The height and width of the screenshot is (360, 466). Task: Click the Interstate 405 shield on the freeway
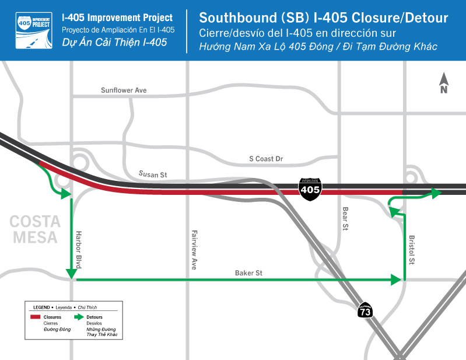tap(310, 189)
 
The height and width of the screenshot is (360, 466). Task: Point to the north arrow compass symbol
tap(443, 83)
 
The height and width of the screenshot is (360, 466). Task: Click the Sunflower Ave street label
tap(124, 90)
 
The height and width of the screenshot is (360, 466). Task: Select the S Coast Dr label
tap(265, 159)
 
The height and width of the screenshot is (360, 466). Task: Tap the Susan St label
tap(153, 174)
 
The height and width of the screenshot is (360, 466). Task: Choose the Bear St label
tap(345, 219)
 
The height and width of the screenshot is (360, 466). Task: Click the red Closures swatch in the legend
tap(36, 317)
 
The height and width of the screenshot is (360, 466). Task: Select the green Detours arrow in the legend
tap(78, 317)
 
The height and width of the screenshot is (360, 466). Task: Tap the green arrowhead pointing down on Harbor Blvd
tap(72, 273)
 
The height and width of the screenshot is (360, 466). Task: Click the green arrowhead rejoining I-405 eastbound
tap(436, 193)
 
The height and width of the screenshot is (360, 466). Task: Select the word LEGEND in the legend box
tap(41, 306)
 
